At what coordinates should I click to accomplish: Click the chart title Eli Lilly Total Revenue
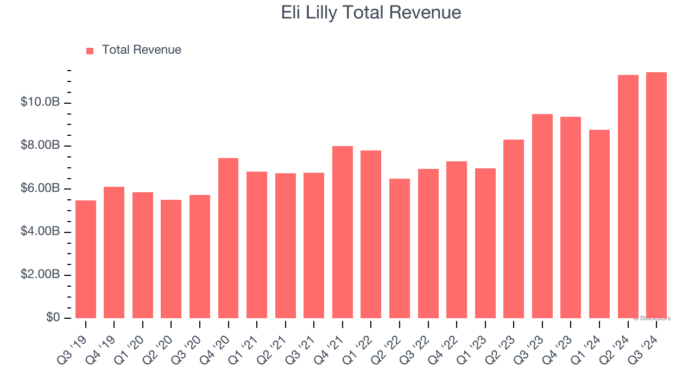tap(371, 12)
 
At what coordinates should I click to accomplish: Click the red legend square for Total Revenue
tap(90, 51)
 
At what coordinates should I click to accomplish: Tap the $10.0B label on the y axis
tap(41, 102)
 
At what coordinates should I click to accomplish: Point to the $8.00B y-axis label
tap(41, 146)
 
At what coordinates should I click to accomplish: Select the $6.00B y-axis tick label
tap(41, 188)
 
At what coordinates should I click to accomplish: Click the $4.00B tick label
tap(41, 231)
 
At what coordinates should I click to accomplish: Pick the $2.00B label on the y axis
tap(41, 274)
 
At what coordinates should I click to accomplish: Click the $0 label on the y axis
tap(53, 317)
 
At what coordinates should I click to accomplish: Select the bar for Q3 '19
tap(86, 260)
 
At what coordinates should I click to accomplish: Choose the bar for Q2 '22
tap(400, 248)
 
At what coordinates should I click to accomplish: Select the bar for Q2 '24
tap(628, 197)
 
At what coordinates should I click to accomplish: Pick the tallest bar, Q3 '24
tap(656, 195)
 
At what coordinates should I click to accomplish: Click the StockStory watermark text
tap(652, 318)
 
